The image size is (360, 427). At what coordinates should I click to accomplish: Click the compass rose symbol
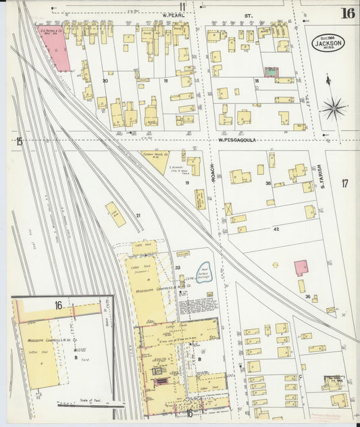coord(333,107)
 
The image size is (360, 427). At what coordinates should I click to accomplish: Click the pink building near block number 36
coord(301,267)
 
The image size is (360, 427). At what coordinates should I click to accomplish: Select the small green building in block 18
coord(272,71)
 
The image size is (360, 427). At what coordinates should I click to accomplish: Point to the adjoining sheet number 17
coord(344,183)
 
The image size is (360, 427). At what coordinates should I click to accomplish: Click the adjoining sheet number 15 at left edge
coord(20,141)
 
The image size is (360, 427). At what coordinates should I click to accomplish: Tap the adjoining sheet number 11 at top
coord(182,7)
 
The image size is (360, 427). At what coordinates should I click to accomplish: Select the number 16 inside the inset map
coord(59,305)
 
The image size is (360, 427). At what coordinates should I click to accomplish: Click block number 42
coord(276,230)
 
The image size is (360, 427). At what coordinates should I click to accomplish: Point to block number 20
coord(105,80)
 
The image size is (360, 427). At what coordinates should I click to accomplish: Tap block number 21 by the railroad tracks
coord(138,216)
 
